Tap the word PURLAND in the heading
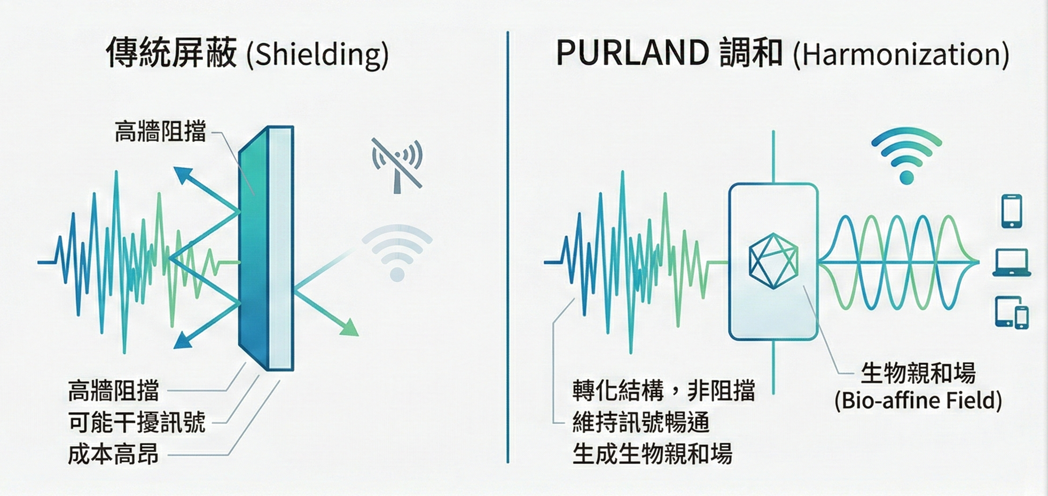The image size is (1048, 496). tap(632, 53)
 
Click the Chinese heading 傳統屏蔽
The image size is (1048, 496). tap(171, 53)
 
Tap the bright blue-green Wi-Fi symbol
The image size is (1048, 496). tap(906, 155)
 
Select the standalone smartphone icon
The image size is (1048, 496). tap(1012, 211)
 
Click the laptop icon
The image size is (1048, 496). tap(1011, 263)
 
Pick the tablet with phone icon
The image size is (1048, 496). tap(1012, 312)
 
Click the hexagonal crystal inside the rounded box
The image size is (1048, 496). tap(773, 261)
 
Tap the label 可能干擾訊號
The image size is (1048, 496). tap(137, 422)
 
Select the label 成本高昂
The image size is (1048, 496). tap(113, 454)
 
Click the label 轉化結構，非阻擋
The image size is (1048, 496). tap(663, 391)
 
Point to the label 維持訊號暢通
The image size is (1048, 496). tap(641, 422)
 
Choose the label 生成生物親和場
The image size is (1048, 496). tap(652, 454)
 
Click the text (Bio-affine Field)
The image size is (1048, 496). tap(918, 400)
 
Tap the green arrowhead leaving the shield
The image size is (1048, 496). tap(350, 327)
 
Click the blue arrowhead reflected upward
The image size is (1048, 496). tap(182, 175)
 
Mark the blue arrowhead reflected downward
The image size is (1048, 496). tap(182, 340)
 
